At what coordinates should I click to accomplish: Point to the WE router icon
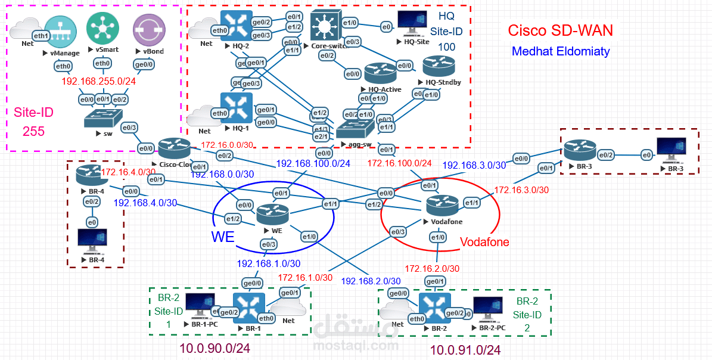click(272, 214)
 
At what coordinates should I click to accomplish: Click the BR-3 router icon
click(577, 149)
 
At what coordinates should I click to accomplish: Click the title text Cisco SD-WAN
click(559, 30)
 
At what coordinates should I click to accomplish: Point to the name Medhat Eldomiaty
click(560, 51)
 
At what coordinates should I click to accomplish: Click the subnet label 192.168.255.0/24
click(99, 80)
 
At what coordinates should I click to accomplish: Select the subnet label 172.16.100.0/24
click(399, 163)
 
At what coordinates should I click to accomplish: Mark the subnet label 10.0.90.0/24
click(214, 348)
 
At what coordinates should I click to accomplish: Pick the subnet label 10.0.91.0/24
click(465, 350)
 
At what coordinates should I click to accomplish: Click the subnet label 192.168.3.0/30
click(474, 165)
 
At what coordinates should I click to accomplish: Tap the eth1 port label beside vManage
click(41, 36)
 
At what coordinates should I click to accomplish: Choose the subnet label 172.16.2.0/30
click(432, 268)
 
